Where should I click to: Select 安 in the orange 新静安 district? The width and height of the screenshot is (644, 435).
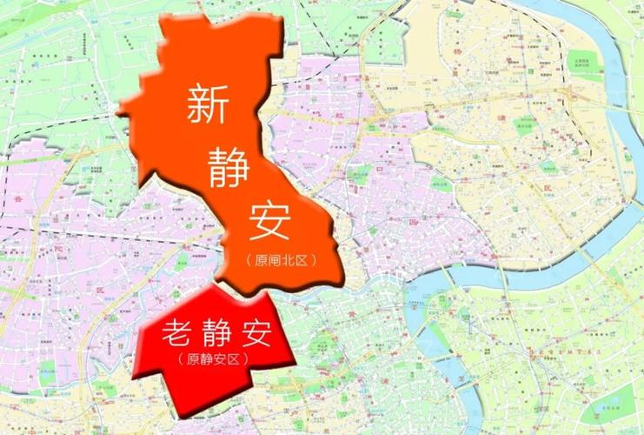click(260, 222)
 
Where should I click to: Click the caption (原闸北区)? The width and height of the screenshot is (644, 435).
click(279, 260)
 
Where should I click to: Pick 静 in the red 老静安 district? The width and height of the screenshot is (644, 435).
click(221, 333)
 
